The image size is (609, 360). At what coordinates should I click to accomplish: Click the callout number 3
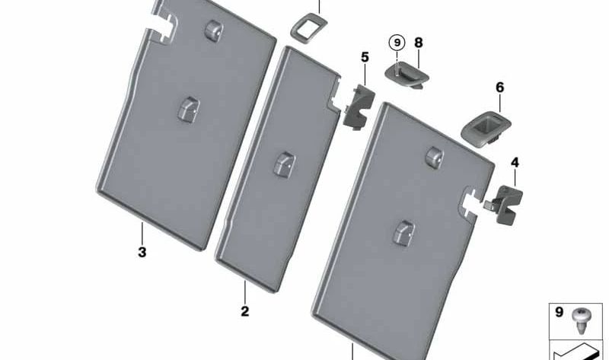point(142,252)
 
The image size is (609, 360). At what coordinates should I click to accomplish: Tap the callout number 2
point(244,311)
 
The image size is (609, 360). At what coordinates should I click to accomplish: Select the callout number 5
point(365,58)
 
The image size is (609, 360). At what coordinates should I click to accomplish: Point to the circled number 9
point(397,43)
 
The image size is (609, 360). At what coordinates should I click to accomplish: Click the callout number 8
point(418,43)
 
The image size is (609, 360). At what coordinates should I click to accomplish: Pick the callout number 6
point(500,88)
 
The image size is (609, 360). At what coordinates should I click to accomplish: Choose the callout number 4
point(515,162)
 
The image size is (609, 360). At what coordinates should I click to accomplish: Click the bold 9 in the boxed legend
point(559,312)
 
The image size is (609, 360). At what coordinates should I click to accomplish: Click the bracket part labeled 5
point(359,107)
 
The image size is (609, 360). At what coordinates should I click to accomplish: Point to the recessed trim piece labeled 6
point(486,129)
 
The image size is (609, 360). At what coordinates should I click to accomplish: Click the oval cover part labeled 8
point(407,74)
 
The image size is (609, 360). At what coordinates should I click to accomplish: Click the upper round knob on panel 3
point(213,30)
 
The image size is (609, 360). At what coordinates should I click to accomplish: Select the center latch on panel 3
point(188,108)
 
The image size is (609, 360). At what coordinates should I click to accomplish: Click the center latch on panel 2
point(284,163)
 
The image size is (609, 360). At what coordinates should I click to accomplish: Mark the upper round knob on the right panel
point(435,158)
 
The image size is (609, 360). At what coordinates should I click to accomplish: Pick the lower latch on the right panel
point(403,233)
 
